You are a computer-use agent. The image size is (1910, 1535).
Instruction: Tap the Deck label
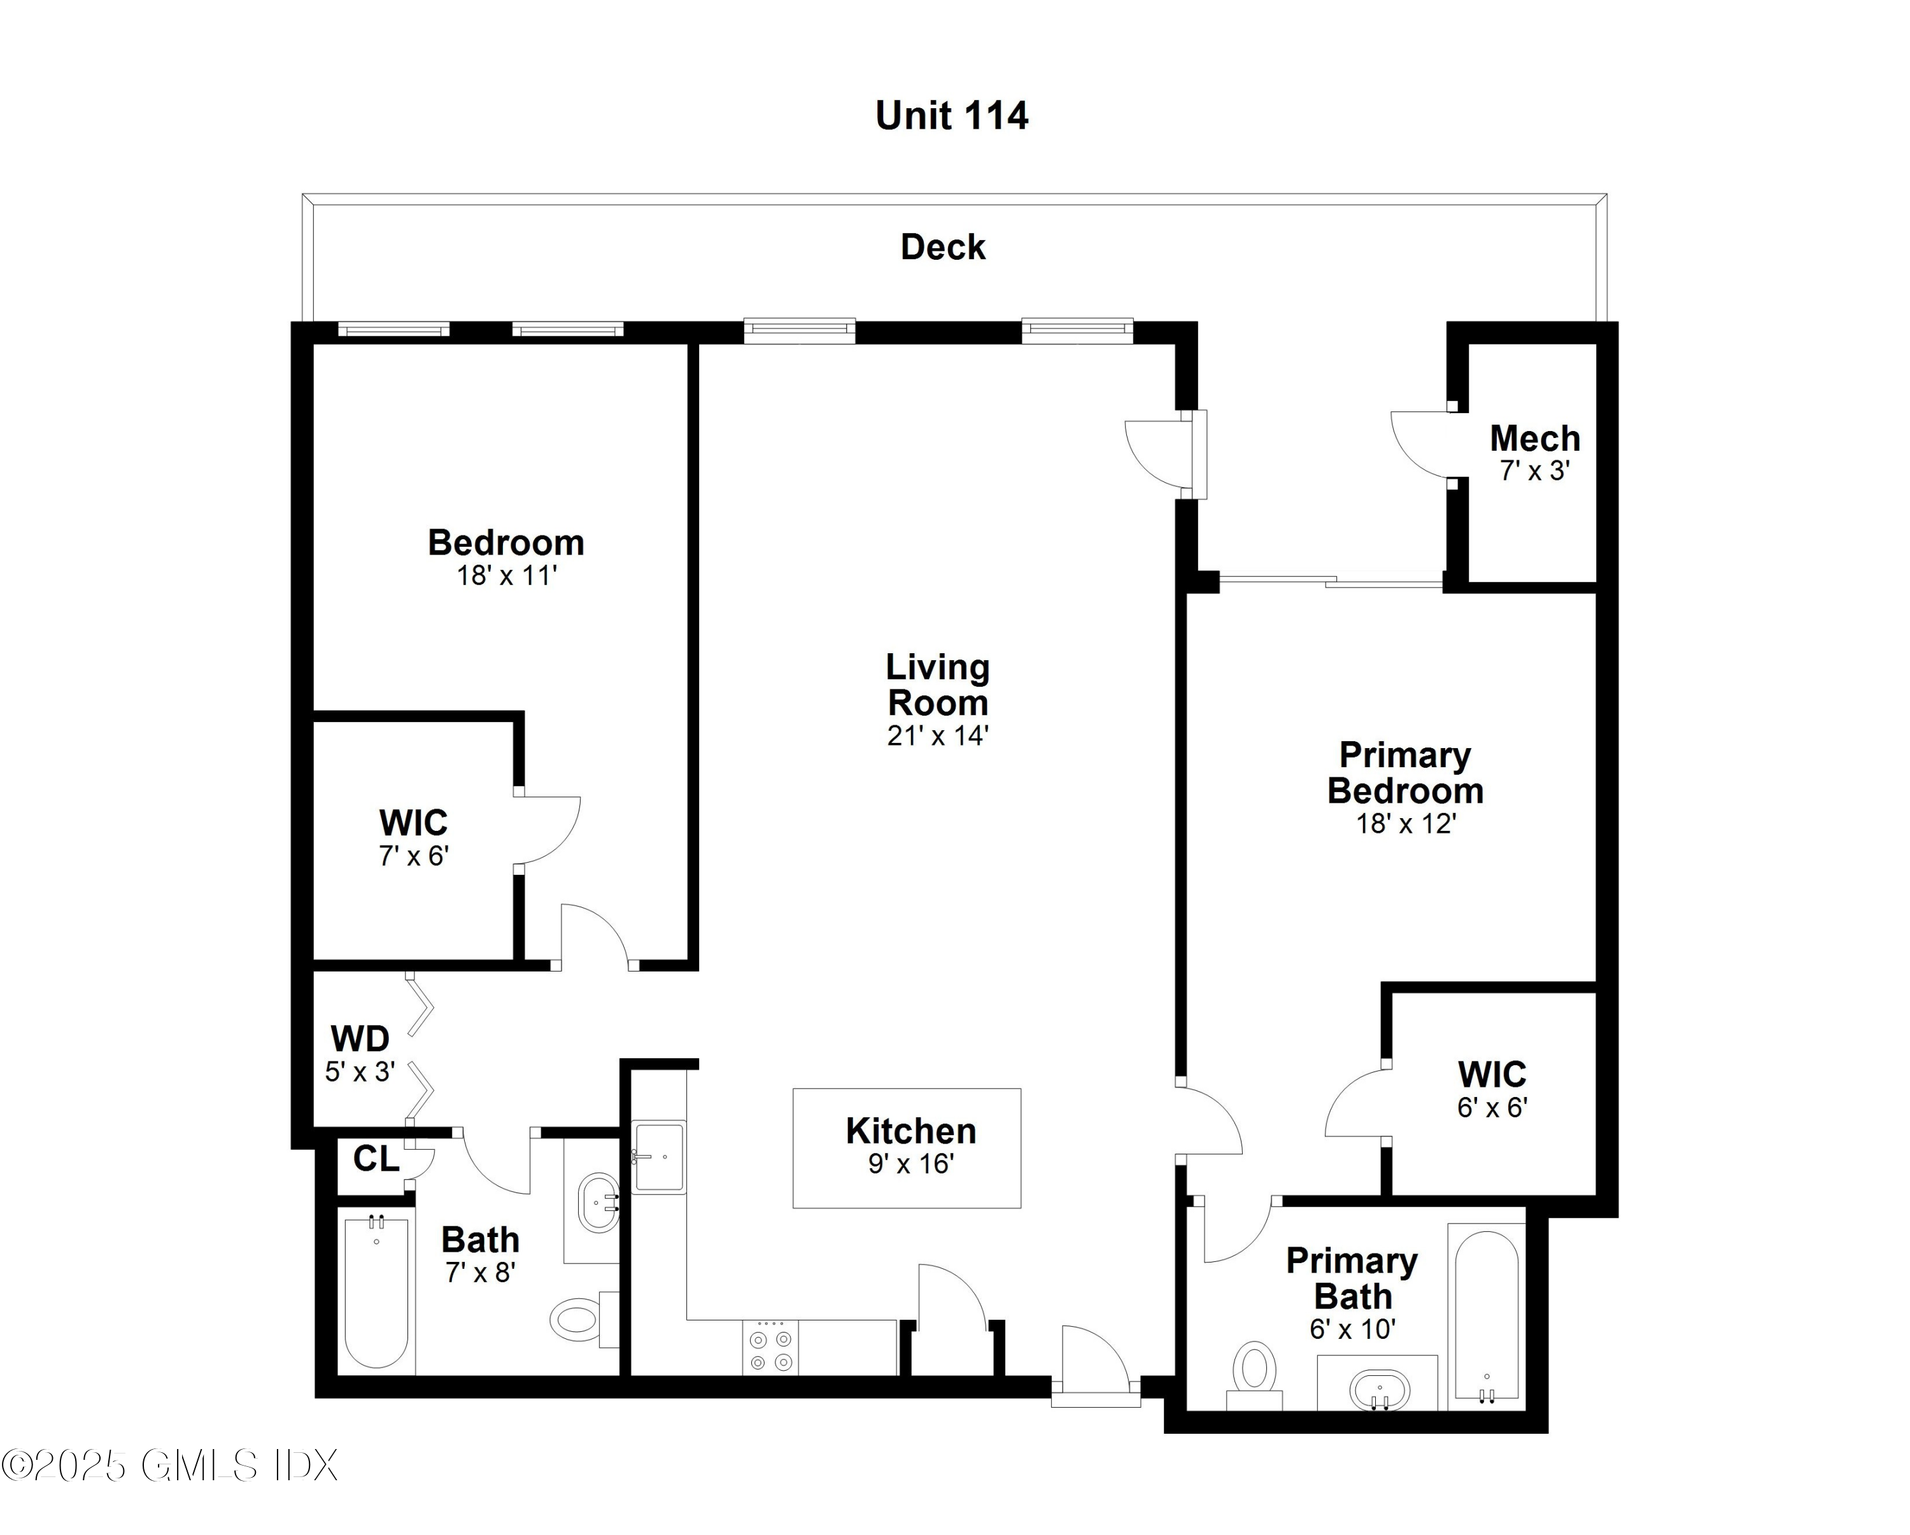point(943,247)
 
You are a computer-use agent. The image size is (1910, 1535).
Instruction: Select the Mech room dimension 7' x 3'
point(1534,471)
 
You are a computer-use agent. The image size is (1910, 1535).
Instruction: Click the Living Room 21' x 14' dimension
point(937,736)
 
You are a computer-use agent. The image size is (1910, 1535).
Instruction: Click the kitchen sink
point(658,1157)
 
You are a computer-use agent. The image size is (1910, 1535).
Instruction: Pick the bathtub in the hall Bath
point(376,1292)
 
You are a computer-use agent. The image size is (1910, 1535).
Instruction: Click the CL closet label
point(376,1159)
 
